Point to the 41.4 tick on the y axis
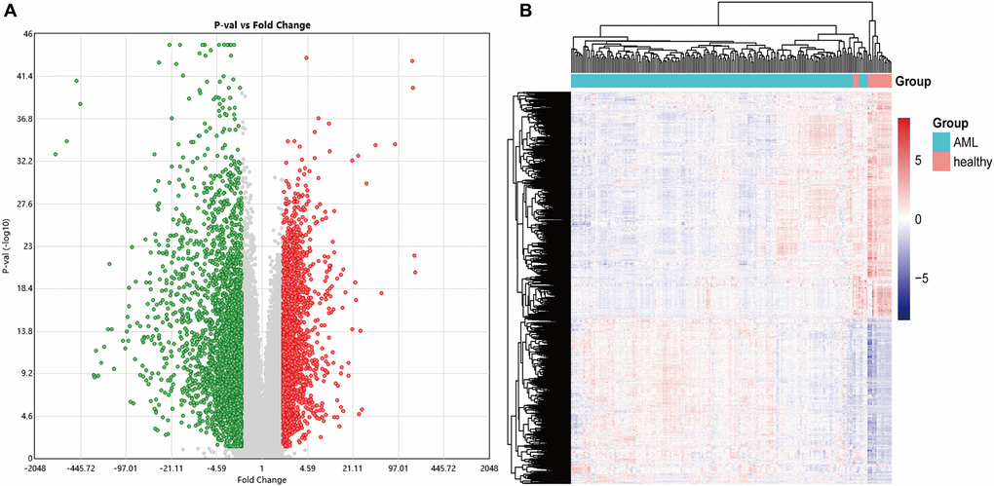[x=24, y=76]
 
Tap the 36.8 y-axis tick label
[x=24, y=119]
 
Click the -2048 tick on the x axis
[x=36, y=467]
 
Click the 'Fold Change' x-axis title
[x=261, y=479]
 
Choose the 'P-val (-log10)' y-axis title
[x=7, y=245]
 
